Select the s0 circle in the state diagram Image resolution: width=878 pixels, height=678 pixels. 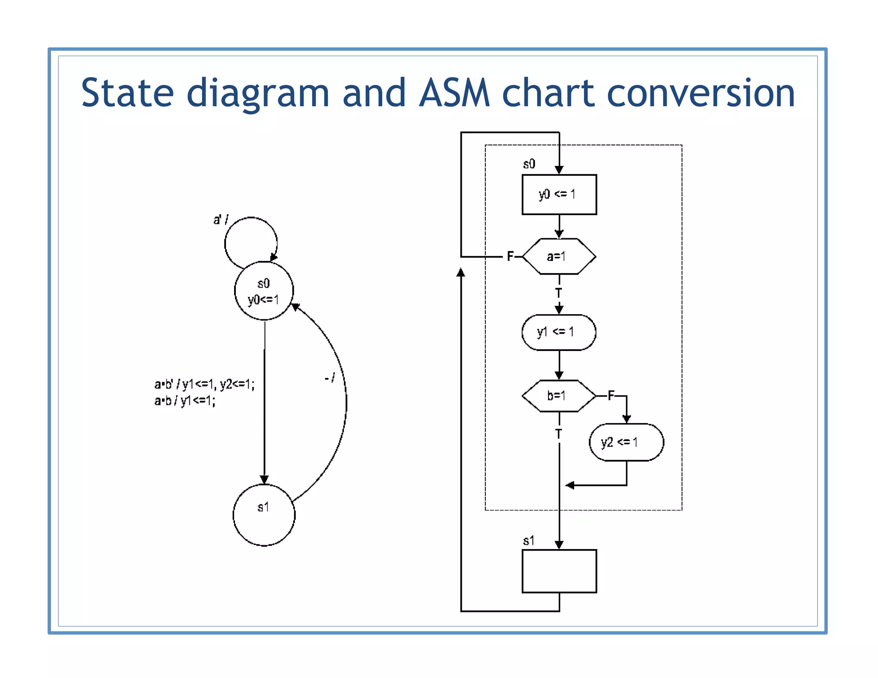tap(264, 291)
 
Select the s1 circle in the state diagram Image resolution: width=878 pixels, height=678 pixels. tap(264, 515)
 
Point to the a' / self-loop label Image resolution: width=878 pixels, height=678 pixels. tap(221, 220)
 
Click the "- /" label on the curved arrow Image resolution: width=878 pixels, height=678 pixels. tap(330, 378)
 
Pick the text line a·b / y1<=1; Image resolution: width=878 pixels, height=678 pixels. tap(185, 401)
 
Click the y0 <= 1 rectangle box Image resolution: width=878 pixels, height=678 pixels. tap(559, 195)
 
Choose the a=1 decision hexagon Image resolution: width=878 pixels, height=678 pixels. tap(559, 256)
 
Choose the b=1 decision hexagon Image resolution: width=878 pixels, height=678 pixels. tap(559, 396)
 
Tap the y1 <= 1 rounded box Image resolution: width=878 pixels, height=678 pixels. tap(559, 332)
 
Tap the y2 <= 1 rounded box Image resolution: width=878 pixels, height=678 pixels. tap(626, 442)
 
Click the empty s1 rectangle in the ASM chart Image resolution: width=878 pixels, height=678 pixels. tap(559, 571)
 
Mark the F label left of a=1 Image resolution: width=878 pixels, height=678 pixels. tap(510, 256)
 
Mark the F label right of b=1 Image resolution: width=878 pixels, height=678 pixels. tap(611, 395)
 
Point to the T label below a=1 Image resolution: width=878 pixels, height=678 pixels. tap(559, 293)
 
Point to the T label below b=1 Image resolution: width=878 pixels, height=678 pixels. tap(559, 434)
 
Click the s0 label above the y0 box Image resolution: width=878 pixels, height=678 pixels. tap(529, 164)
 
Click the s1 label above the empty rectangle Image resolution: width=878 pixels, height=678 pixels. tap(529, 541)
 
